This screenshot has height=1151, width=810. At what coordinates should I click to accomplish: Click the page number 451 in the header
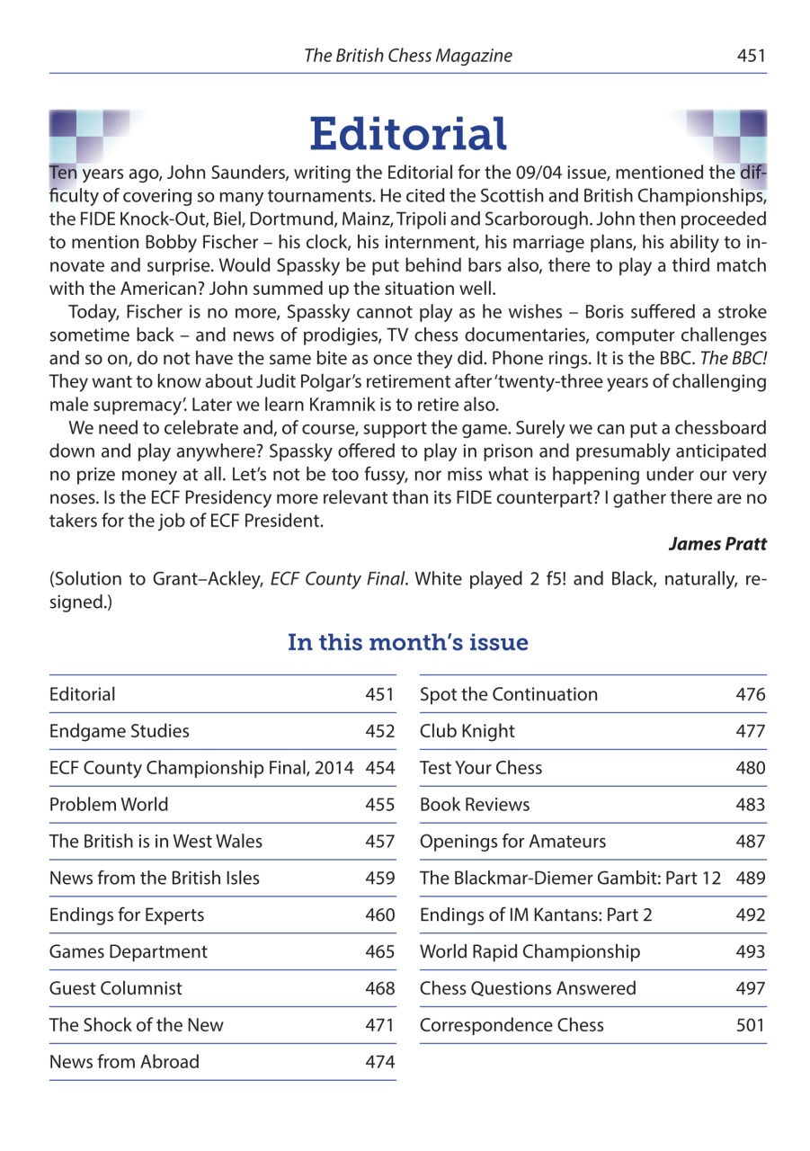pyautogui.click(x=751, y=56)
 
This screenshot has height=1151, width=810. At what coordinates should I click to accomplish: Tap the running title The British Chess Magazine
pyautogui.click(x=408, y=56)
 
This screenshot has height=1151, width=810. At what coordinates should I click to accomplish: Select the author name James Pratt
pyautogui.click(x=717, y=545)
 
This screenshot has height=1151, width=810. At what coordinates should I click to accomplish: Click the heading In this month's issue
pyautogui.click(x=408, y=643)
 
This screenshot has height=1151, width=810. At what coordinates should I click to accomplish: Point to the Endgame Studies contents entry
pyautogui.click(x=120, y=731)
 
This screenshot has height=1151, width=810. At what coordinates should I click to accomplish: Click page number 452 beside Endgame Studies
pyautogui.click(x=380, y=731)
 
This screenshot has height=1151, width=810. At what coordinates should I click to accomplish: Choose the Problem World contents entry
pyautogui.click(x=109, y=805)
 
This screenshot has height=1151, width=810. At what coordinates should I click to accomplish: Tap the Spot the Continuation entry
pyautogui.click(x=509, y=694)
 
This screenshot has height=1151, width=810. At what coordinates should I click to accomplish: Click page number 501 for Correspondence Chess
pyautogui.click(x=751, y=1025)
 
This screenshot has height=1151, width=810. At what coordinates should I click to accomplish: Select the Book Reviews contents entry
pyautogui.click(x=475, y=805)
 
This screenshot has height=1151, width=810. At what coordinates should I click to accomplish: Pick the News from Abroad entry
pyautogui.click(x=124, y=1062)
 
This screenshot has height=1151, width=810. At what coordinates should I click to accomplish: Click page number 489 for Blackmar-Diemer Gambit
pyautogui.click(x=751, y=879)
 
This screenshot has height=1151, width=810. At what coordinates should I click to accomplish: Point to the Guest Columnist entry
pyautogui.click(x=116, y=988)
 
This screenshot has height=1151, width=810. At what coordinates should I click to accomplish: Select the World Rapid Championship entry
pyautogui.click(x=530, y=951)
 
